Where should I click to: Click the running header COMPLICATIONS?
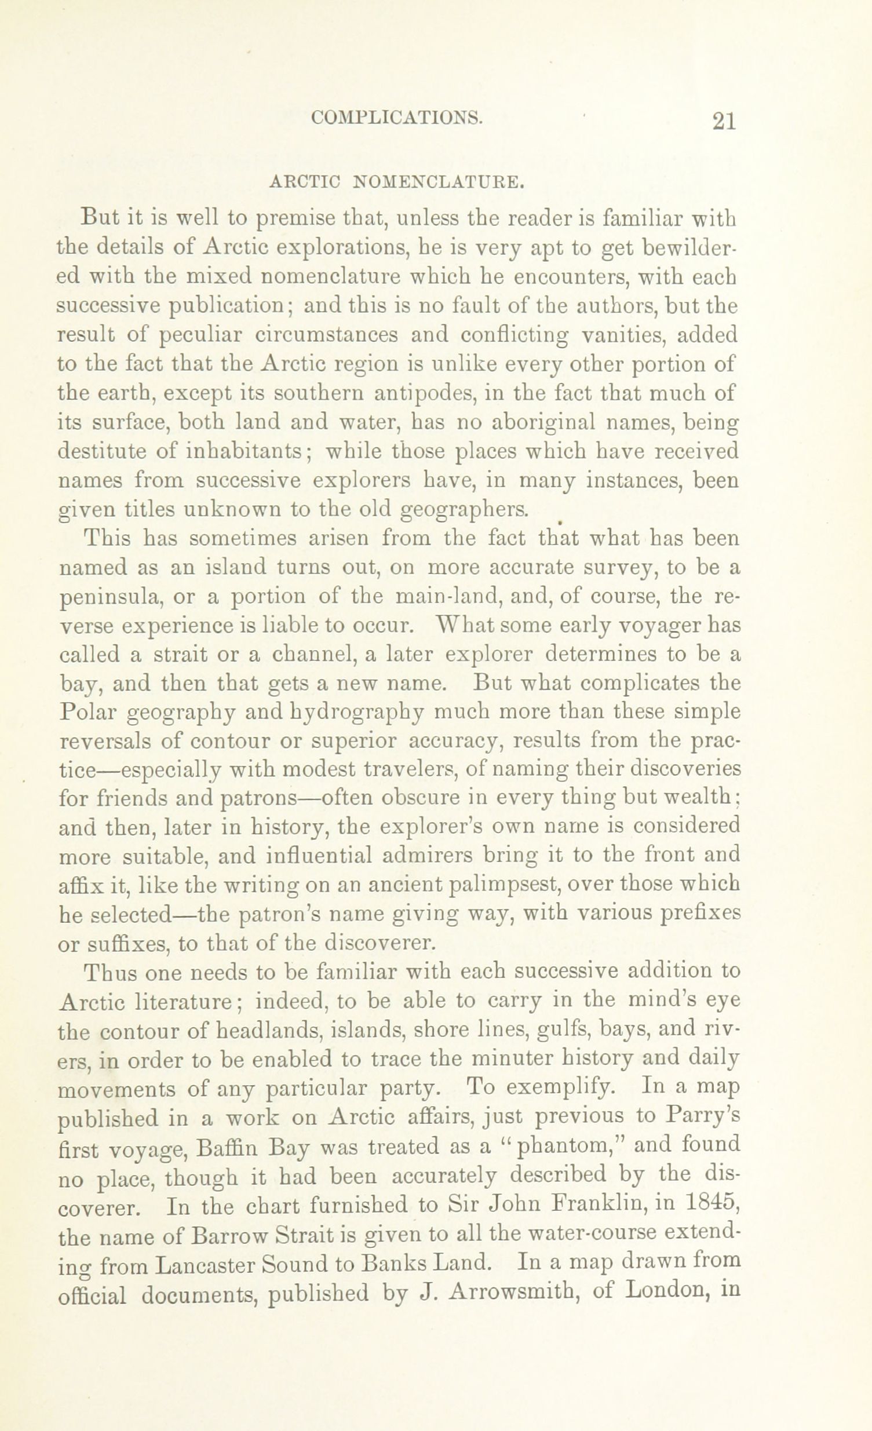click(397, 118)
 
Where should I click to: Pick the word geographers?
click(465, 510)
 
